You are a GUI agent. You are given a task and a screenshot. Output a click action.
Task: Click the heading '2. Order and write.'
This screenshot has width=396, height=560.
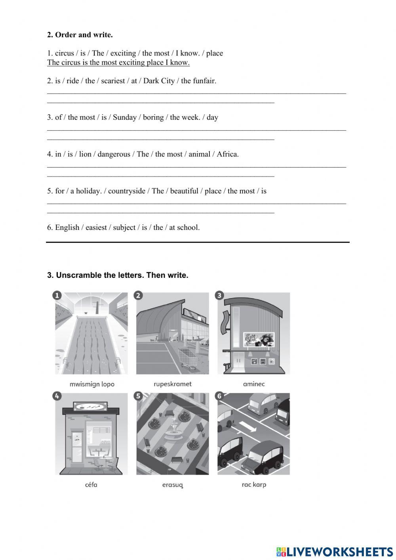tap(80, 35)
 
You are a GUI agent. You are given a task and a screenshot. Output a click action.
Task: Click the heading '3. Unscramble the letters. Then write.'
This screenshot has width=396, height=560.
tap(118, 275)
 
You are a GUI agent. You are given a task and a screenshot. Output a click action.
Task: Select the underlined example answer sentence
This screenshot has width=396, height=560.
tap(118, 63)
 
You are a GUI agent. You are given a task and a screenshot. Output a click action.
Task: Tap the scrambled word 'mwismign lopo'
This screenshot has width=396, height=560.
tap(91, 384)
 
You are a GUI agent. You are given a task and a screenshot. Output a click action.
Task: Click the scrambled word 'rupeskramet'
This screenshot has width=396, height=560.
tap(172, 384)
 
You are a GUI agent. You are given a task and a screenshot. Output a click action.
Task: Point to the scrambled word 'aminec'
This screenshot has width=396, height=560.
tap(253, 384)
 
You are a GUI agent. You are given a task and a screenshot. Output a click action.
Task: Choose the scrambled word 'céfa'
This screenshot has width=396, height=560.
tap(91, 485)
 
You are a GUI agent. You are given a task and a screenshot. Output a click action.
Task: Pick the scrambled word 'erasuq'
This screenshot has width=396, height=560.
tap(173, 485)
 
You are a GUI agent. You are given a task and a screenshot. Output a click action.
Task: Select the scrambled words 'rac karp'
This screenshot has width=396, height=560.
tap(254, 485)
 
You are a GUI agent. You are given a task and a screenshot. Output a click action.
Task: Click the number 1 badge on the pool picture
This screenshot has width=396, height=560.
tap(57, 295)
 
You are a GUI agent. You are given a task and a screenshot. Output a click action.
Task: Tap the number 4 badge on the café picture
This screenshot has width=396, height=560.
tap(57, 396)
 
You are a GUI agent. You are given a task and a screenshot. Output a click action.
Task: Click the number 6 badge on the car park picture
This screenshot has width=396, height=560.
tap(219, 396)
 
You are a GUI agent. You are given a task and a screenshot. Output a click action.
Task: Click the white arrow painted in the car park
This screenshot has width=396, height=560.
tap(248, 427)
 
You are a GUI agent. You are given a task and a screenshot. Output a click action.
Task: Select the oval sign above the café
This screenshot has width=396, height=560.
tap(91, 407)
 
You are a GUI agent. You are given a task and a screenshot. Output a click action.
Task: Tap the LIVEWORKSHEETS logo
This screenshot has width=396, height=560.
tap(335, 551)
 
